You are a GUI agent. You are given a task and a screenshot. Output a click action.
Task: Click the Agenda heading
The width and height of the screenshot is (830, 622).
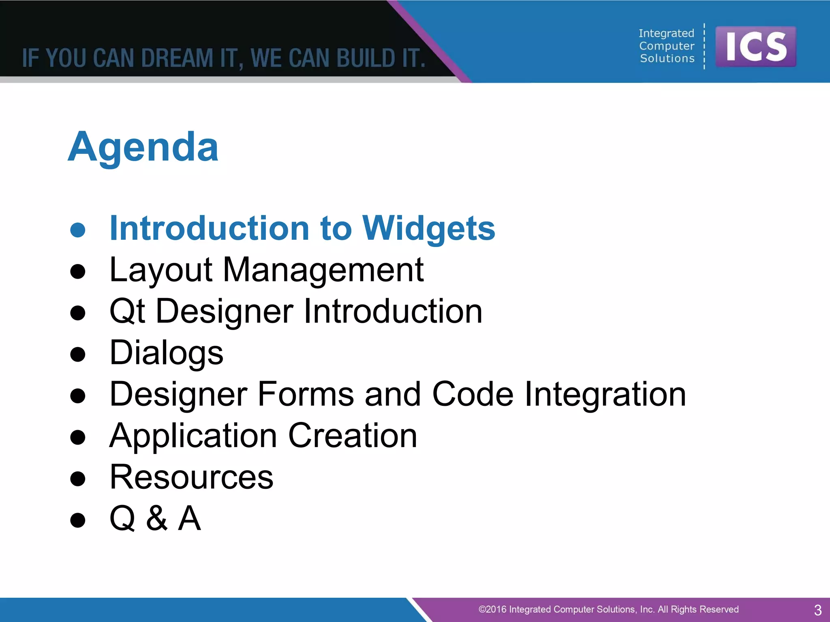coord(143,148)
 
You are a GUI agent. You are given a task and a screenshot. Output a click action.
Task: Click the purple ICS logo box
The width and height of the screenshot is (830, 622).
coord(755,47)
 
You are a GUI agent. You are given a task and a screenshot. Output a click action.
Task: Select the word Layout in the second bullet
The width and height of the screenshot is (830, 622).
coord(161,270)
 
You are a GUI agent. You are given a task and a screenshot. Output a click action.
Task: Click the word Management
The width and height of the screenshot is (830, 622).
coord(323,270)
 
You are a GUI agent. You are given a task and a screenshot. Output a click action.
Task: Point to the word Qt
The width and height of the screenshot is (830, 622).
coord(127,312)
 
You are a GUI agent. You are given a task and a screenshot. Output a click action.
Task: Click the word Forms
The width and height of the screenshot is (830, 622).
coord(305,394)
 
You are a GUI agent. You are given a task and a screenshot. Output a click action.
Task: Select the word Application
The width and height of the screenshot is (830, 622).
coord(193,436)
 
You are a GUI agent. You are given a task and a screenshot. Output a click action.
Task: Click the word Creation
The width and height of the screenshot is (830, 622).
coord(353,436)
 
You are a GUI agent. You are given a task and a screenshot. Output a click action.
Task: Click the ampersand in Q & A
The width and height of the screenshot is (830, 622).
coord(157,519)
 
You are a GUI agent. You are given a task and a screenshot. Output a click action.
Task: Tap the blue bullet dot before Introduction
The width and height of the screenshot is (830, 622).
coord(78,230)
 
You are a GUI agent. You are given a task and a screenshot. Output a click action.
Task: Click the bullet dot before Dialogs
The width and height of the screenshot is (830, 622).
coord(78,354)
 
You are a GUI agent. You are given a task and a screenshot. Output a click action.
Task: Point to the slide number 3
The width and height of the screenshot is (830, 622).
coord(817,610)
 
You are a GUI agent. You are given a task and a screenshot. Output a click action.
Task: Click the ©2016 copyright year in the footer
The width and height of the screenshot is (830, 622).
coord(492,609)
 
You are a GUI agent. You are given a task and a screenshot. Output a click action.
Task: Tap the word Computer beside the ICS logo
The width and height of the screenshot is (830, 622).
coord(667,46)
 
